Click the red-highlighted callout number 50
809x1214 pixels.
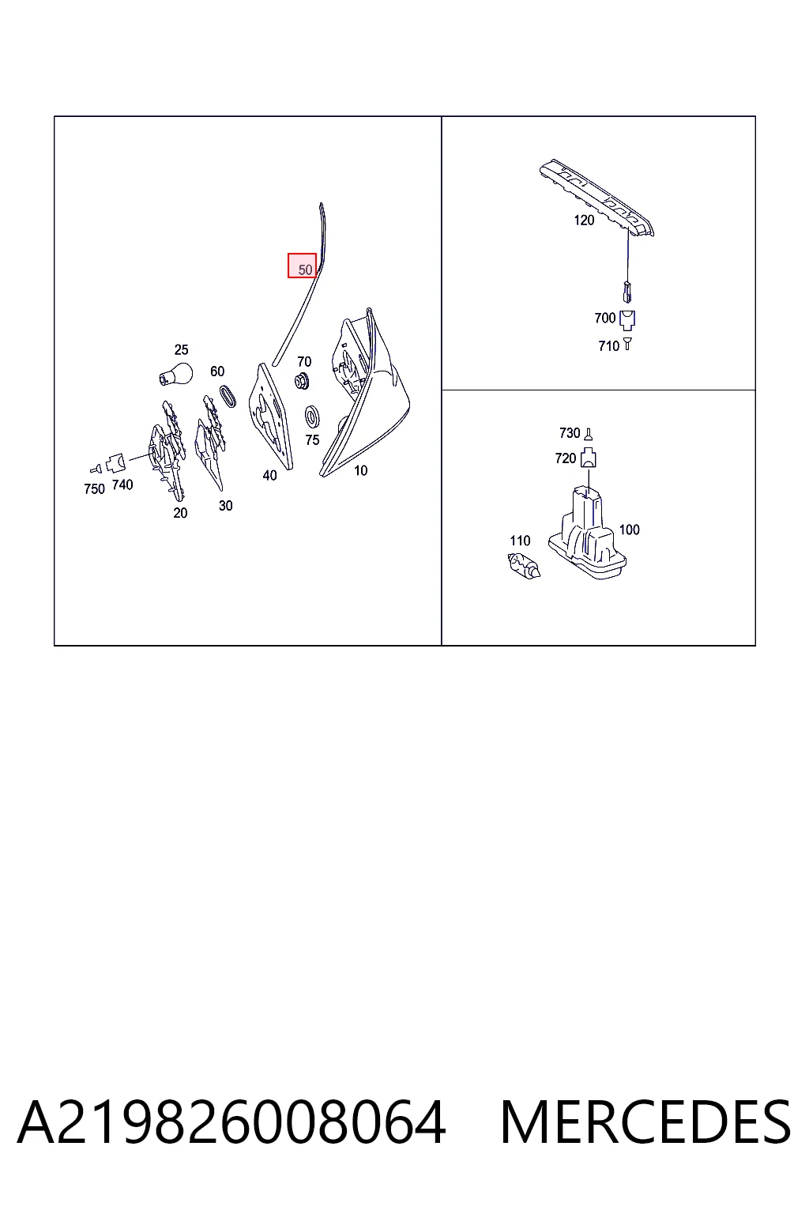(305, 270)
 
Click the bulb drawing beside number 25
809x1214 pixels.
(176, 374)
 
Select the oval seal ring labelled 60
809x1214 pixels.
(228, 396)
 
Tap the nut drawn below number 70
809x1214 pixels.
(302, 381)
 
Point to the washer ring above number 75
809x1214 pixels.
(311, 417)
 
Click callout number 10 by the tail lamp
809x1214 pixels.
(360, 470)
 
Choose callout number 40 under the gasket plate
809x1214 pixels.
(269, 475)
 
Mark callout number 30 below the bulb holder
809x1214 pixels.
(225, 506)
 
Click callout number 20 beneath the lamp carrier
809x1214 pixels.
(180, 513)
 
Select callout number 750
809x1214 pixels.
(94, 489)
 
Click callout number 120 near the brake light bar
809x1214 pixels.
(584, 220)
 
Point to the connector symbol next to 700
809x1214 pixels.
(627, 320)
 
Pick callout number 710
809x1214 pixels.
(608, 345)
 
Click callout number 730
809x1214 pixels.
(570, 433)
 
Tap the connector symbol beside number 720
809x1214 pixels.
(589, 458)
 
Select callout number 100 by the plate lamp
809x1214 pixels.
(629, 530)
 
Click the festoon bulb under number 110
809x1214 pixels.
(524, 565)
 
